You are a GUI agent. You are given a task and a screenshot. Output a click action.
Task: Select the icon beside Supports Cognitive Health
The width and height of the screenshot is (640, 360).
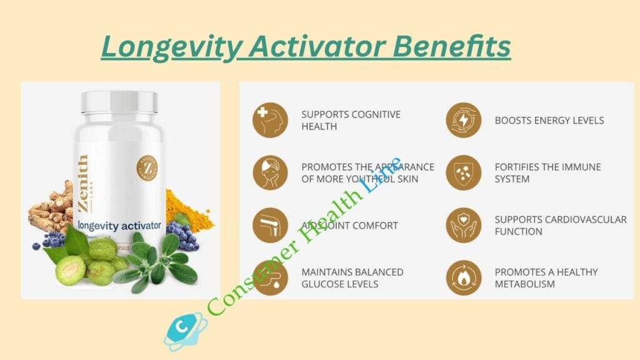pyautogui.click(x=270, y=120)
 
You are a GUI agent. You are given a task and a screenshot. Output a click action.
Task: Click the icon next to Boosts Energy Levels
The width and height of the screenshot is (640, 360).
pyautogui.click(x=464, y=120)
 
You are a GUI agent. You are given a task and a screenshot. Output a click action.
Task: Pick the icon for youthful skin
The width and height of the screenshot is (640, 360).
pyautogui.click(x=270, y=172)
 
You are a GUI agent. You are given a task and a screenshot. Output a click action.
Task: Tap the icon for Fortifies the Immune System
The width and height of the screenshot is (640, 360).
pyautogui.click(x=464, y=172)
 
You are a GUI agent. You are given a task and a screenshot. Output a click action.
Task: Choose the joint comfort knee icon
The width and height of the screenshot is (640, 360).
pyautogui.click(x=270, y=225)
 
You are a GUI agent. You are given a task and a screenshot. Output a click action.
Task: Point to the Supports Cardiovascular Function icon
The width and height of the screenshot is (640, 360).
pyautogui.click(x=464, y=225)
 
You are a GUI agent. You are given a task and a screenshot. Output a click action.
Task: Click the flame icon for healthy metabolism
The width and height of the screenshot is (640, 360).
pyautogui.click(x=464, y=277)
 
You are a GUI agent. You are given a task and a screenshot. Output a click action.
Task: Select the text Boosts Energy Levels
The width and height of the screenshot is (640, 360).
pyautogui.click(x=549, y=120)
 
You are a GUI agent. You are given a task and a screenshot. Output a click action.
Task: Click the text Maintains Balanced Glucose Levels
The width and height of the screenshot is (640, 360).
pyautogui.click(x=352, y=278)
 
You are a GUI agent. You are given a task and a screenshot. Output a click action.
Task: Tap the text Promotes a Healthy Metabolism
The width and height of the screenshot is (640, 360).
pyautogui.click(x=546, y=278)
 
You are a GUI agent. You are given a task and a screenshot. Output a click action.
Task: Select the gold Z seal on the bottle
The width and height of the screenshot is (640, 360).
pyautogui.click(x=147, y=166)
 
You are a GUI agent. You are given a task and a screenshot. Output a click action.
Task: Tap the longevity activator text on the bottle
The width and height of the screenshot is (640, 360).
pyautogui.click(x=119, y=224)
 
